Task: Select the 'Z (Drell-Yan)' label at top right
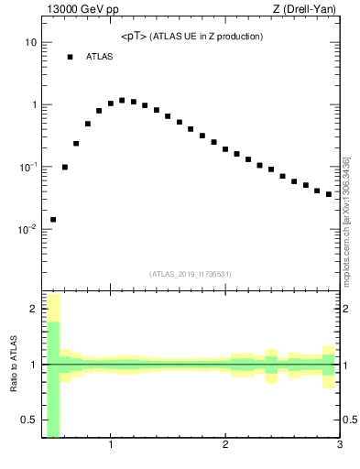pyautogui.click(x=304, y=10)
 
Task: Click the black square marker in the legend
pyautogui.click(x=70, y=57)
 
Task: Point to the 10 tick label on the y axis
pyautogui.click(x=30, y=43)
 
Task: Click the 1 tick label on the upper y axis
pyautogui.click(x=33, y=105)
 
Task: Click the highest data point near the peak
pyautogui.click(x=122, y=100)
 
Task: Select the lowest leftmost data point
pyautogui.click(x=53, y=220)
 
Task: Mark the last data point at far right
pyautogui.click(x=329, y=194)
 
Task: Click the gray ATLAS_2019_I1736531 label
pyautogui.click(x=191, y=274)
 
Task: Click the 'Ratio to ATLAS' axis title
pyautogui.click(x=14, y=364)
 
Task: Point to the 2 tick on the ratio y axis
pyautogui.click(x=33, y=309)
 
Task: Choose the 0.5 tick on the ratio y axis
pyautogui.click(x=28, y=420)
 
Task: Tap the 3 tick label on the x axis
pyautogui.click(x=340, y=446)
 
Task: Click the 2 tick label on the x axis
pyautogui.click(x=225, y=446)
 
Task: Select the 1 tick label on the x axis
pyautogui.click(x=111, y=446)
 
